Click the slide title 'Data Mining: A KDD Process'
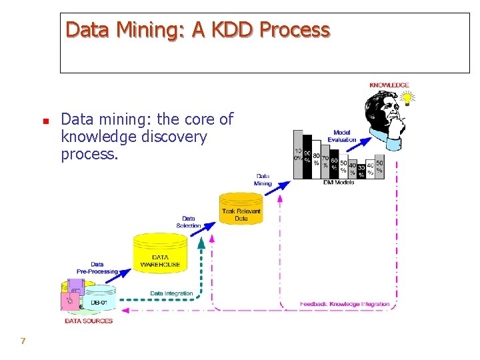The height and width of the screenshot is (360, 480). click(x=197, y=30)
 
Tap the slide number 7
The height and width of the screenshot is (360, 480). click(x=23, y=341)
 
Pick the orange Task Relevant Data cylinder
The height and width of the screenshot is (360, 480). click(x=241, y=209)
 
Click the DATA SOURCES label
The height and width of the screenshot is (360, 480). click(x=89, y=321)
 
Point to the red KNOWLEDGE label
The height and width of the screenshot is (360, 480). click(x=389, y=85)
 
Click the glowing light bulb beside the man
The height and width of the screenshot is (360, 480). click(x=405, y=99)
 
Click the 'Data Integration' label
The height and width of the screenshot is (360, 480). click(x=171, y=293)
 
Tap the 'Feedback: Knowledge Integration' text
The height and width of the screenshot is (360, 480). click(x=345, y=304)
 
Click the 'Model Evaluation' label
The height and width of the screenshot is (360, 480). click(x=341, y=136)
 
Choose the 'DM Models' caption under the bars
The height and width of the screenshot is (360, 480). click(x=339, y=182)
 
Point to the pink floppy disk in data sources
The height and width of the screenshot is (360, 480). click(x=69, y=301)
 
